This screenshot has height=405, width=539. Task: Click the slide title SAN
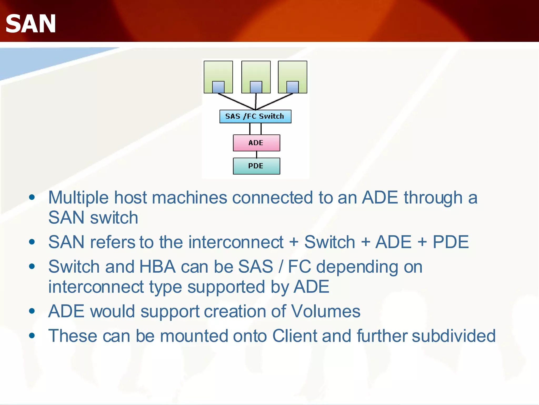31,24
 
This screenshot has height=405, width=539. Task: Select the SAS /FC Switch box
255,117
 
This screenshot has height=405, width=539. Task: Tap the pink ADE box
256,143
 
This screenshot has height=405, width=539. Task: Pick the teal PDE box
256,166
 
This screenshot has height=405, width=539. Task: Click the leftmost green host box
218,71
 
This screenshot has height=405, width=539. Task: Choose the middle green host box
256,71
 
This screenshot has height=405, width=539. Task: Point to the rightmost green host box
292,71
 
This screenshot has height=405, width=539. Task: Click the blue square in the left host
218,87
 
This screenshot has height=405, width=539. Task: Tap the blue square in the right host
292,87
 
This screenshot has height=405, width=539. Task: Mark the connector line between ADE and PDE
257,155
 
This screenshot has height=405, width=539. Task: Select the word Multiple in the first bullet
78,198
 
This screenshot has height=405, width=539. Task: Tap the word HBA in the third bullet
157,267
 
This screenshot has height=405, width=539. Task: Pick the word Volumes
326,311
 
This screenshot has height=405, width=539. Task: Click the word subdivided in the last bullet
453,336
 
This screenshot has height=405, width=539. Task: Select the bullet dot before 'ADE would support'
32,311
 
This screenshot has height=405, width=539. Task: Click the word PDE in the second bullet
451,242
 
